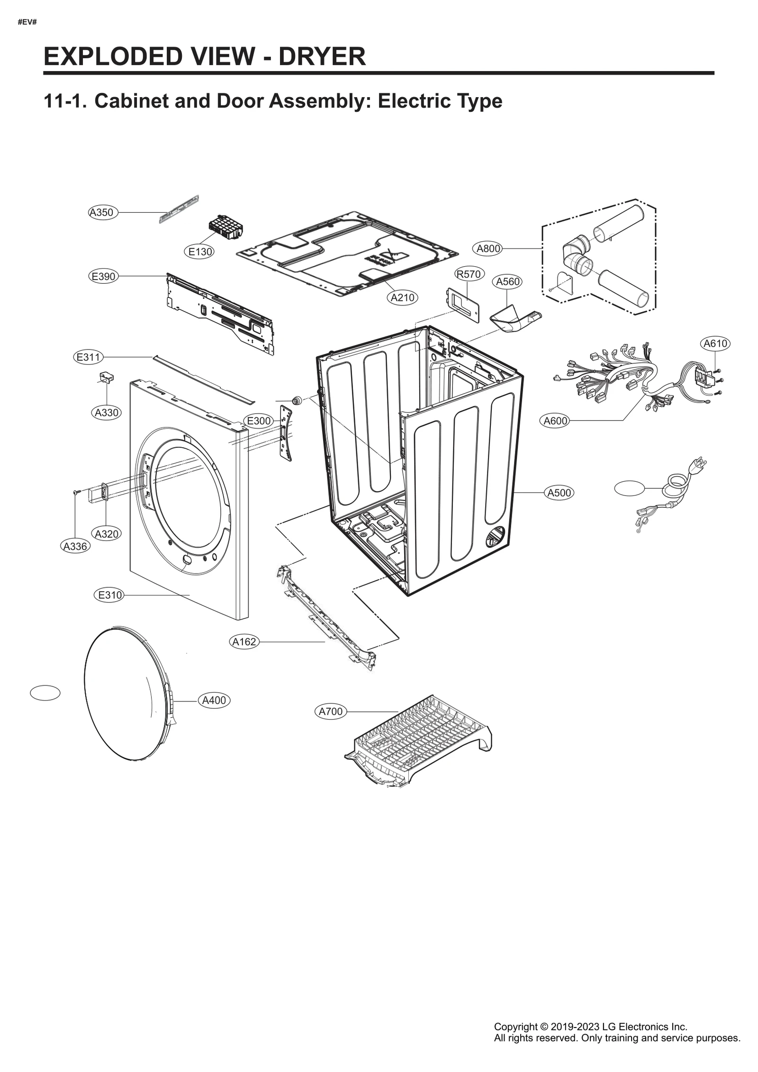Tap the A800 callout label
click(x=488, y=249)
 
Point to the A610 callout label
click(x=715, y=343)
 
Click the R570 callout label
click(x=469, y=274)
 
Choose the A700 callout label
click(x=330, y=712)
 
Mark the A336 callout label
click(x=75, y=546)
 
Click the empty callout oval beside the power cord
click(x=629, y=488)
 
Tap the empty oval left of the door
click(x=45, y=693)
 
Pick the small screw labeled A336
click(x=76, y=493)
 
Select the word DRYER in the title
click(x=322, y=56)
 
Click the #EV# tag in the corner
click(x=27, y=22)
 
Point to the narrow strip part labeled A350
click(x=179, y=209)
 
